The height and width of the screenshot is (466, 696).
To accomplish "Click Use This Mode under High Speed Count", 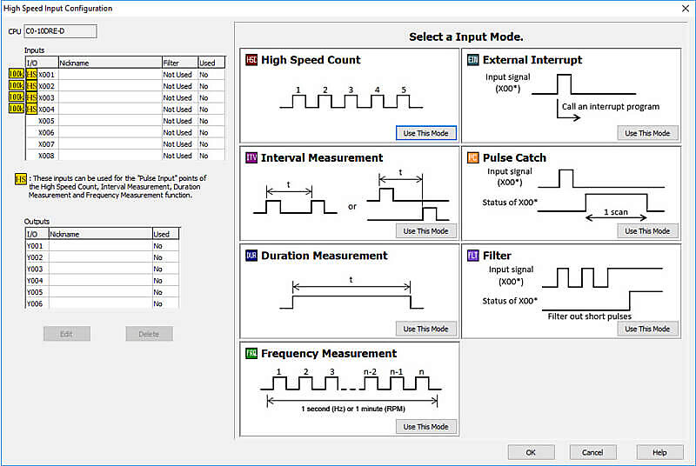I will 425,133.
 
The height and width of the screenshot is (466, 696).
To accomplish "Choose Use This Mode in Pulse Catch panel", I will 647,231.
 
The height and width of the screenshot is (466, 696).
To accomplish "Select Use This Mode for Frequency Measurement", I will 425,427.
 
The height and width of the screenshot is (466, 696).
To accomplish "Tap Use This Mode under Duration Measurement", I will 425,329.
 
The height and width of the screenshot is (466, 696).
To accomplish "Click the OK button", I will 531,452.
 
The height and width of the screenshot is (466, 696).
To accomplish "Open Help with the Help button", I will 659,452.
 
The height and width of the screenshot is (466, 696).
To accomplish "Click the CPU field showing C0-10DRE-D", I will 60,31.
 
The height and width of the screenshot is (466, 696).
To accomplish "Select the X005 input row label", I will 46,121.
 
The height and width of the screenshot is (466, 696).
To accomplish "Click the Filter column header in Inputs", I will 178,63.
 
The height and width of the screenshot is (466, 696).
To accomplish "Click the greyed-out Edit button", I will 67,334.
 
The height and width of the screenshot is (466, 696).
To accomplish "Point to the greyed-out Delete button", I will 148,334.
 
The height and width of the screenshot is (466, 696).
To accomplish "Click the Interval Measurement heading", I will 321,158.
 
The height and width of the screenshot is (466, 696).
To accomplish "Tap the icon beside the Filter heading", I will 472,256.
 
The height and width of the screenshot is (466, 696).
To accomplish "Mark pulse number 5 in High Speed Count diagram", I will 405,90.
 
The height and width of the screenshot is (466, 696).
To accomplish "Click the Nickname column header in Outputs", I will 65,234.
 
